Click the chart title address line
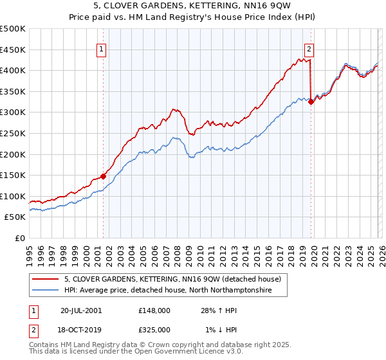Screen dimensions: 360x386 click(193, 6)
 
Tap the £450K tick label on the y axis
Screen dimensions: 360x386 click(12, 50)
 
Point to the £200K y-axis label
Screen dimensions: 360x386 click(12, 154)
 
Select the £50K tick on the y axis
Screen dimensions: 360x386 click(15, 217)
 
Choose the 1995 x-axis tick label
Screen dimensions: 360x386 click(30, 251)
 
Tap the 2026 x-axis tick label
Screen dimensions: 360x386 click(379, 251)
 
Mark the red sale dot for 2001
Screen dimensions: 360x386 click(103, 175)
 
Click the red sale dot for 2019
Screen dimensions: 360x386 click(311, 102)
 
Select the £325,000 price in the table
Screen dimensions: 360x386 click(154, 329)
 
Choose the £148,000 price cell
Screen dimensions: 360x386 click(154, 310)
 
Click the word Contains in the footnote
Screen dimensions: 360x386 click(44, 346)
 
